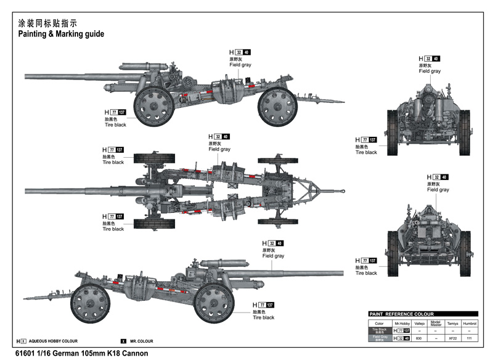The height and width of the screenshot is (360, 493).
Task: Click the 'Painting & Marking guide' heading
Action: click(60, 34)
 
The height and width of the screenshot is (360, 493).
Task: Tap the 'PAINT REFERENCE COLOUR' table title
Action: click(401, 314)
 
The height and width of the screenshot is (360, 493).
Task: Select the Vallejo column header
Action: click(419, 323)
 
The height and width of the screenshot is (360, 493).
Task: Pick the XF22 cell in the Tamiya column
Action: click(453, 338)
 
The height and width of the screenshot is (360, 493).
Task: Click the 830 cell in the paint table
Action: click(419, 338)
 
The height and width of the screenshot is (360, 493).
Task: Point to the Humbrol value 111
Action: click(470, 338)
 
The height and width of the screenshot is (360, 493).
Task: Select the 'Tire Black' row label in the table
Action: click(380, 331)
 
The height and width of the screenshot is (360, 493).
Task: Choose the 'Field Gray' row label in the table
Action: click(380, 338)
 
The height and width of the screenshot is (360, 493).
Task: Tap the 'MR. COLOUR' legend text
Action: click(141, 342)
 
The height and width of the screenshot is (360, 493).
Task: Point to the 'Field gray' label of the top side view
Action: click(241, 65)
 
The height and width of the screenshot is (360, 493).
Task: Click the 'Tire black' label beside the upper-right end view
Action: click(366, 152)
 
